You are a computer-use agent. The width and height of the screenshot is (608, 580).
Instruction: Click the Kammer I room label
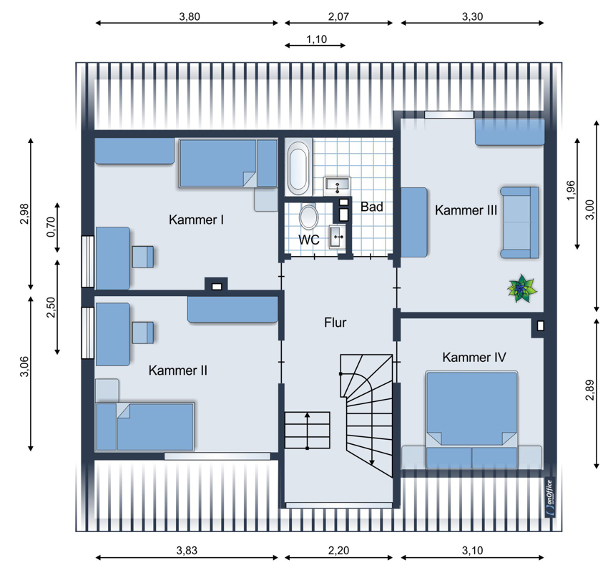[196, 220]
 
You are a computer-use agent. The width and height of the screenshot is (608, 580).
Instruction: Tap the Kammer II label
[178, 370]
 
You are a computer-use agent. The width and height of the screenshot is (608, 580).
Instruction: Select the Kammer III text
[466, 210]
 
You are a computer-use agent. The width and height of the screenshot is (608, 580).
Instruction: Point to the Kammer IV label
[474, 357]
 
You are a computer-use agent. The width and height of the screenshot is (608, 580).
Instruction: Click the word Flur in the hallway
[335, 322]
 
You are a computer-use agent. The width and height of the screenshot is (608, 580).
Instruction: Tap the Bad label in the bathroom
[372, 207]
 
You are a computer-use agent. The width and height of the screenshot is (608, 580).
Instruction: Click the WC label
[309, 240]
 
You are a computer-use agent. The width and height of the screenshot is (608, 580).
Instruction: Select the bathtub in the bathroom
[298, 167]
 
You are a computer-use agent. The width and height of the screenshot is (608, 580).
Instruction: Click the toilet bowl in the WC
[309, 216]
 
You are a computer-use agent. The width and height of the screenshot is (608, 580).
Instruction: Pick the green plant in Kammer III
[522, 288]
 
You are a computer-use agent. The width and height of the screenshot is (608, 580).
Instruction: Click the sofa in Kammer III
[519, 222]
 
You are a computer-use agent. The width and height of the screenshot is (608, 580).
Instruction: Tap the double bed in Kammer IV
[471, 420]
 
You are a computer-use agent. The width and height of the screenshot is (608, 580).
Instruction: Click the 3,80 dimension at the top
[190, 16]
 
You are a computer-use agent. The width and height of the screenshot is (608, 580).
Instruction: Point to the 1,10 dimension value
[316, 39]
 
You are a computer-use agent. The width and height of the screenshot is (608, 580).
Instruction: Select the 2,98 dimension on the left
[25, 214]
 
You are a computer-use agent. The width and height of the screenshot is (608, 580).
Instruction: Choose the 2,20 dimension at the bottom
[338, 551]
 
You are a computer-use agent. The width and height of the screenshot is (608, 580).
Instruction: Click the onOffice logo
[550, 498]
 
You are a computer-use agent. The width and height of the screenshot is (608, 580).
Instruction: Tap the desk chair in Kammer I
[142, 257]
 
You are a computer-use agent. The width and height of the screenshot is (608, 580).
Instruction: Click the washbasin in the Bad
[338, 186]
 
